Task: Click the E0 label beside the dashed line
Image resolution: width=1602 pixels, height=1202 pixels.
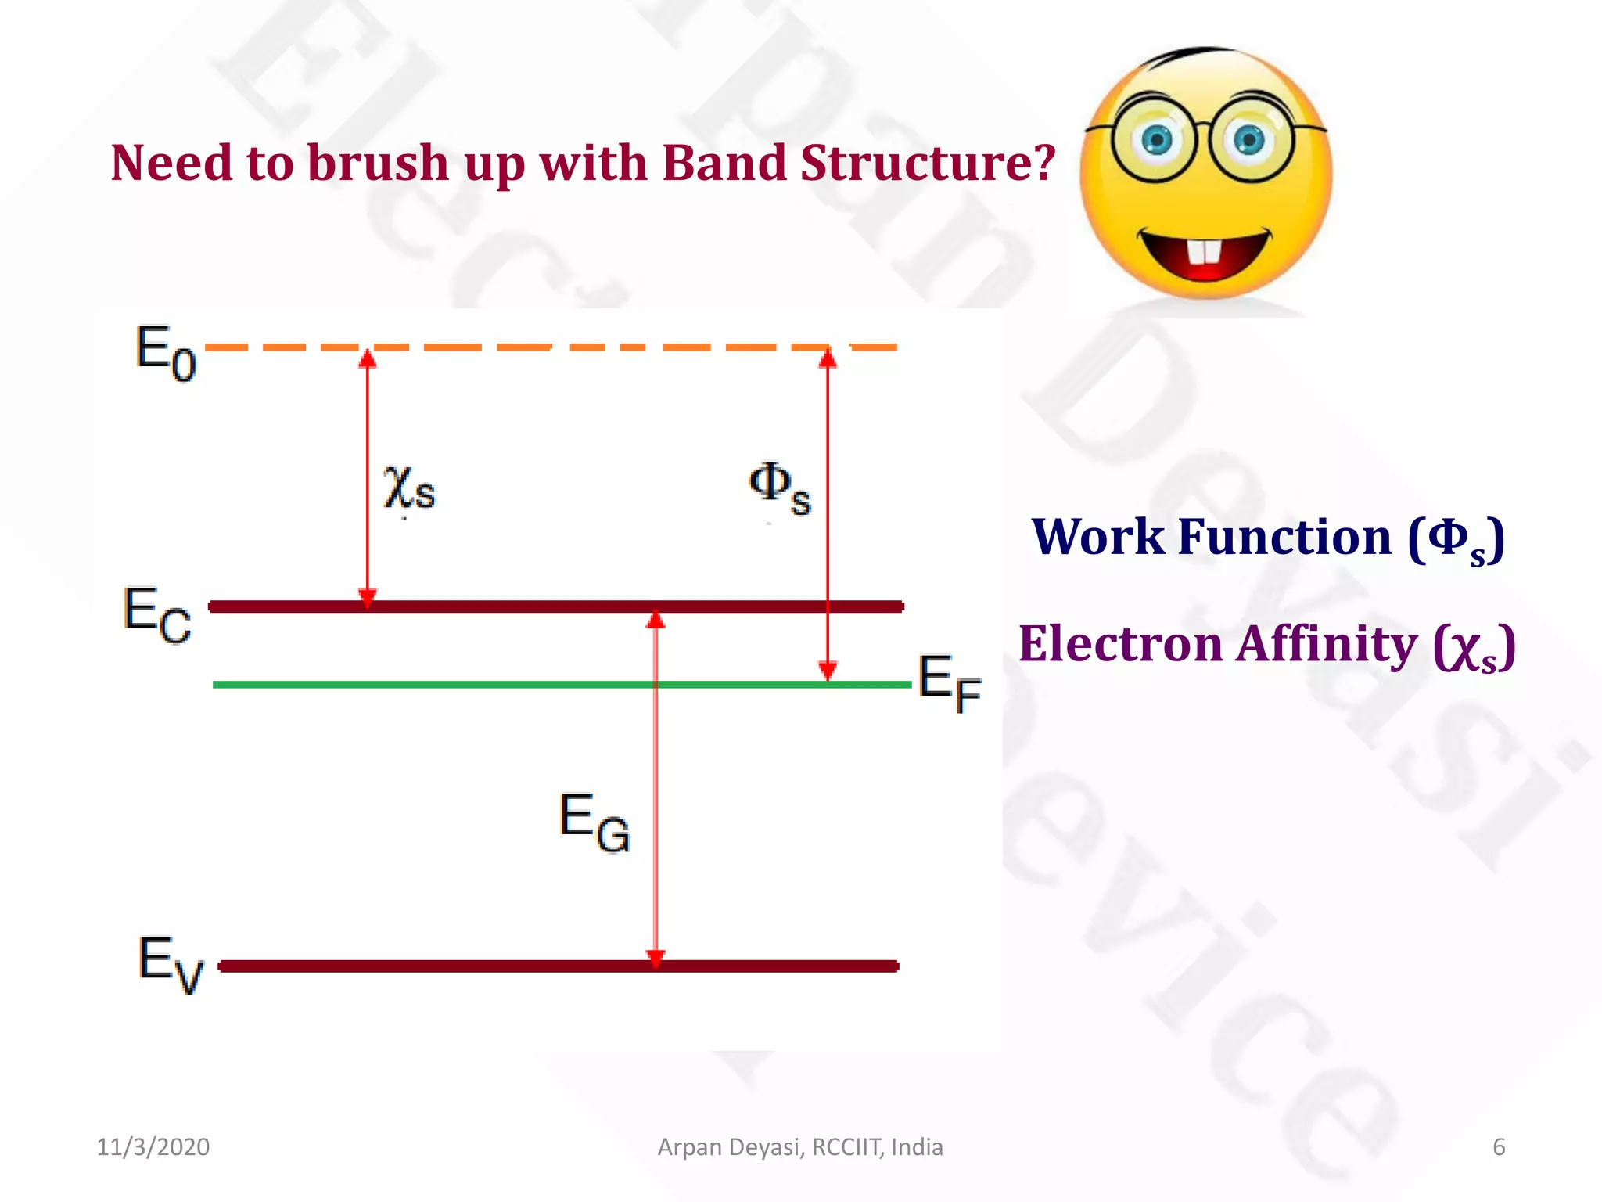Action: pyautogui.click(x=165, y=354)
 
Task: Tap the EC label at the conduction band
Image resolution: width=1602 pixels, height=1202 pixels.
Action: pyautogui.click(x=156, y=615)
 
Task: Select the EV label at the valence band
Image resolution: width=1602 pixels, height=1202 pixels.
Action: pyautogui.click(x=170, y=963)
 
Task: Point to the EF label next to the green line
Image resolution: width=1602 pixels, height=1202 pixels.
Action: pyautogui.click(x=949, y=684)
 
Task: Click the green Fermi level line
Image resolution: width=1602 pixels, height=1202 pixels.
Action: pyautogui.click(x=469, y=685)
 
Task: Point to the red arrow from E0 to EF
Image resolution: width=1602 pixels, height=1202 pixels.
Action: pyautogui.click(x=828, y=516)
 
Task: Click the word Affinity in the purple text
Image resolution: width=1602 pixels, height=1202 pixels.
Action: pyautogui.click(x=1327, y=645)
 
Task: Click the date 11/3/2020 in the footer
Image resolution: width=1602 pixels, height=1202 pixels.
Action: pyautogui.click(x=153, y=1147)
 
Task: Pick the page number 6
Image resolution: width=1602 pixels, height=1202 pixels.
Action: pyautogui.click(x=1499, y=1147)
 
